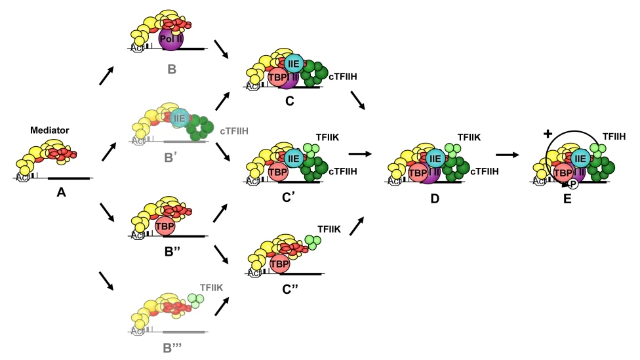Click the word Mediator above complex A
tap(50, 130)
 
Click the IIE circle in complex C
tap(294, 64)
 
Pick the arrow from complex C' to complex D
tap(359, 154)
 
